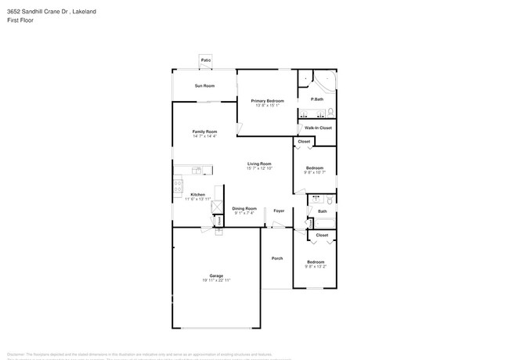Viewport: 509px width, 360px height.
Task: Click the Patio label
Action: coord(206,60)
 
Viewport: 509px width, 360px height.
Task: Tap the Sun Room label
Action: coord(204,85)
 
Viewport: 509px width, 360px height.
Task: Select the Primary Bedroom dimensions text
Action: coord(267,105)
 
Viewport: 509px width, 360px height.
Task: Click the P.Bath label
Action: coord(317,99)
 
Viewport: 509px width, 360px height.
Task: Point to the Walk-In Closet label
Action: coord(319,128)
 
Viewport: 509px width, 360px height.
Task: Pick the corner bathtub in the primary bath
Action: coord(323,82)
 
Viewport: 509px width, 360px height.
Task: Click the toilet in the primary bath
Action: coord(331,111)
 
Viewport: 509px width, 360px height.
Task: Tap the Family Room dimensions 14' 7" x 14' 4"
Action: coord(204,136)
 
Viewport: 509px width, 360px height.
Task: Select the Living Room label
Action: coord(259,164)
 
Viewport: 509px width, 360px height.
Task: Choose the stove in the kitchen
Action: coord(178,186)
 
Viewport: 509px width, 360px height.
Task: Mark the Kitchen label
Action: coord(198,194)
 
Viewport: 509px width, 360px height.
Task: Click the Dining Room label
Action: coord(244,208)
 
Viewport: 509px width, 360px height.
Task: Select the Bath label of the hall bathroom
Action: coord(323,211)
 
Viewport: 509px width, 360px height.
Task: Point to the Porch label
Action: coord(277,258)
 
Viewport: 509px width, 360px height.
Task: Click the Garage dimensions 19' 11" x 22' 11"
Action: coord(216,279)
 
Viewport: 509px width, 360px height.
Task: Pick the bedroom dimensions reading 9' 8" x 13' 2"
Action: coord(315,265)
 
